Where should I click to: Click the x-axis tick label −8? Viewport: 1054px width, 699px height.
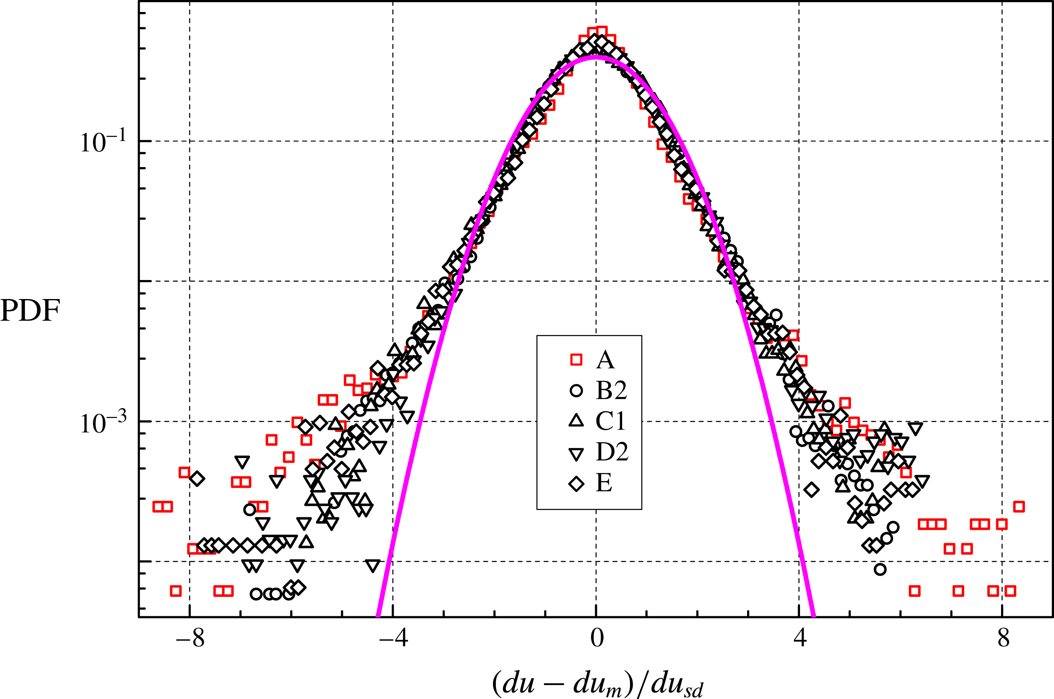(x=190, y=639)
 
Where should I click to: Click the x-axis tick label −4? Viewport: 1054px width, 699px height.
(x=393, y=639)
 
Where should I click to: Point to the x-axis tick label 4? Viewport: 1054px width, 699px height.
(x=800, y=639)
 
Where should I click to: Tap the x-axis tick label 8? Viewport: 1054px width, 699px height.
(x=1004, y=639)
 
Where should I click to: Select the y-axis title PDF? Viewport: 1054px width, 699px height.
(x=30, y=311)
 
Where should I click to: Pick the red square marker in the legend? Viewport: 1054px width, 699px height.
(x=577, y=360)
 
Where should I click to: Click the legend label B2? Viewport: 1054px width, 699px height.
(x=611, y=390)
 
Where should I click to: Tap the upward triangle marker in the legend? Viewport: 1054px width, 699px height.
(x=577, y=421)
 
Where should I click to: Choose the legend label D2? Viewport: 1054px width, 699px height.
(x=612, y=452)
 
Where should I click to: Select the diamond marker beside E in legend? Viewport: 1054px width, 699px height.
(x=577, y=484)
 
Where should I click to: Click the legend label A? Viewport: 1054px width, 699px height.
(x=605, y=360)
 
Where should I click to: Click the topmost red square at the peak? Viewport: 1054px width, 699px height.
(x=601, y=31)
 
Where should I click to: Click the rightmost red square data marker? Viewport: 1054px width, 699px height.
(x=1019, y=506)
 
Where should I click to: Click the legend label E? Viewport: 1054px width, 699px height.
(x=604, y=483)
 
